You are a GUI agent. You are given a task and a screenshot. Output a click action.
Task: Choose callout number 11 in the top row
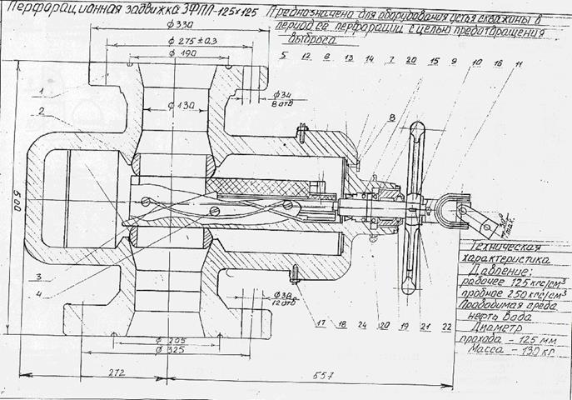519,63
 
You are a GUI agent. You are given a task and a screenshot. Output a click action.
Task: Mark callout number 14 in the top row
369,61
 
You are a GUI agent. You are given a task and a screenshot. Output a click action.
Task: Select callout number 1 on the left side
40,88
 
